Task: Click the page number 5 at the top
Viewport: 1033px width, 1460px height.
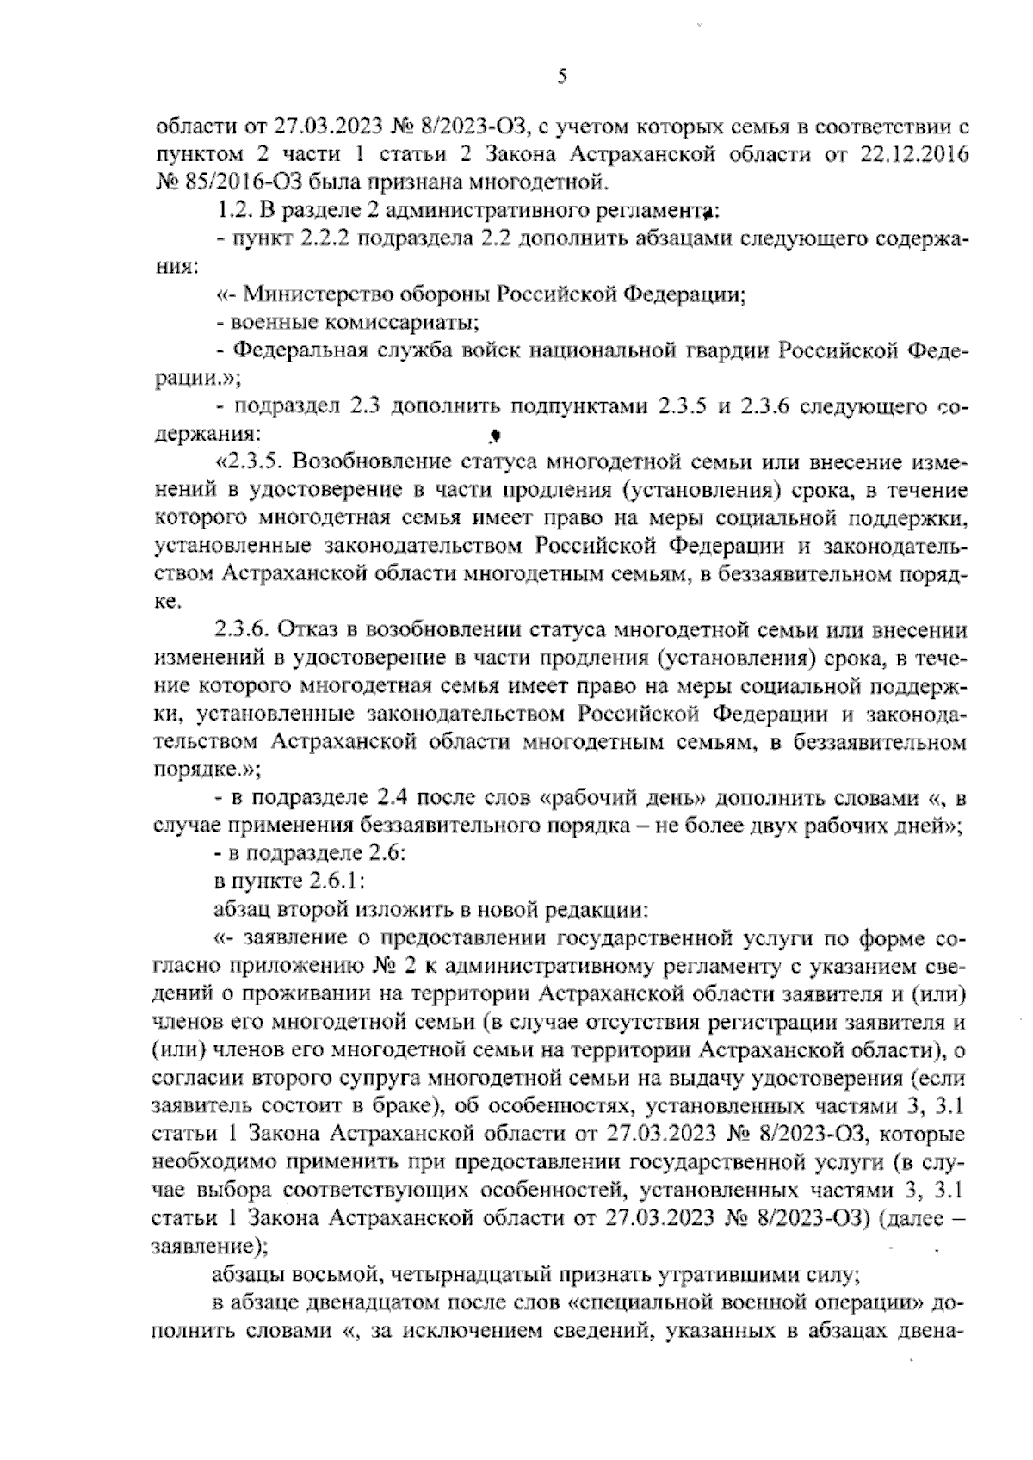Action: (x=560, y=77)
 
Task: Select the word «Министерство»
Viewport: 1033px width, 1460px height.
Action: (x=322, y=294)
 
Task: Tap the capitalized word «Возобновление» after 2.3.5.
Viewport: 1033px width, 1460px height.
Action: (x=377, y=463)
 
